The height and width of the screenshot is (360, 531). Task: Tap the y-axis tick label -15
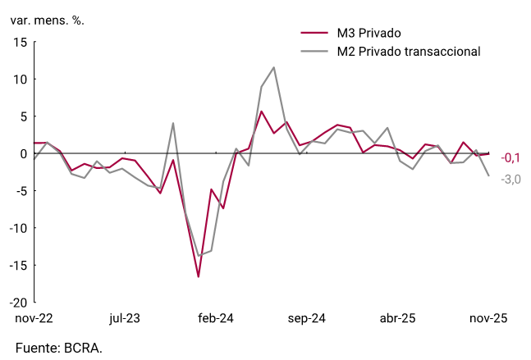(x=16, y=265)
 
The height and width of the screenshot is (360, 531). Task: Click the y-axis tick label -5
(x=19, y=191)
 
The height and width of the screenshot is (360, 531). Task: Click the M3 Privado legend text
(x=369, y=34)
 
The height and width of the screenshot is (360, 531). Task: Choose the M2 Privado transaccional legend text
(x=408, y=52)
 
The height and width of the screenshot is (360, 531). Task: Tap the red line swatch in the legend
(x=314, y=34)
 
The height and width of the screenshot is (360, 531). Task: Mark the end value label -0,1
(x=511, y=157)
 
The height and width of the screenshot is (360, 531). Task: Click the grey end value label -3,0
(x=511, y=179)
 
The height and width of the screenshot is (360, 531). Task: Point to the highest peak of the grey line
(x=273, y=67)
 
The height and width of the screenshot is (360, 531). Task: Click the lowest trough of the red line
(x=198, y=276)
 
